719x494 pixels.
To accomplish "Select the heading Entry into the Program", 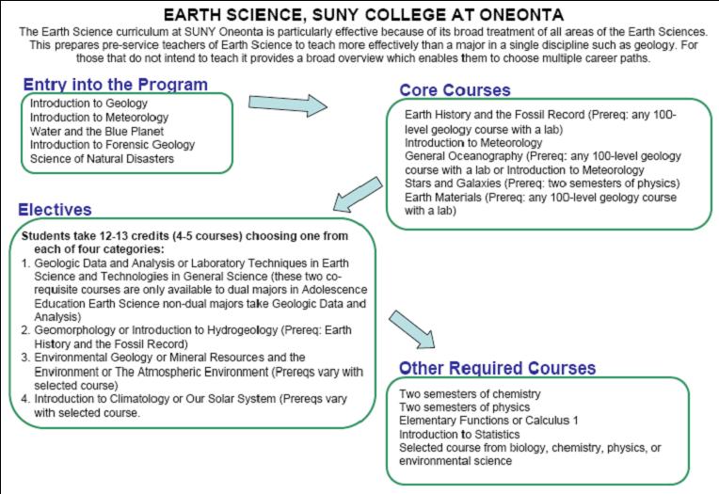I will [115, 85].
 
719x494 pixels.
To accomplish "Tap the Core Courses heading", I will [455, 90].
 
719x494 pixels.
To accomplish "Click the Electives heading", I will [55, 210].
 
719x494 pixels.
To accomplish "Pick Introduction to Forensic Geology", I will [112, 145].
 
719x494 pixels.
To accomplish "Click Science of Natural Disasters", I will [102, 159].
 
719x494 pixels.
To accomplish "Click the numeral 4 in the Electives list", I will [25, 398].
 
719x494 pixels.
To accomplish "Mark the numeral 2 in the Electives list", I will [25, 330].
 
